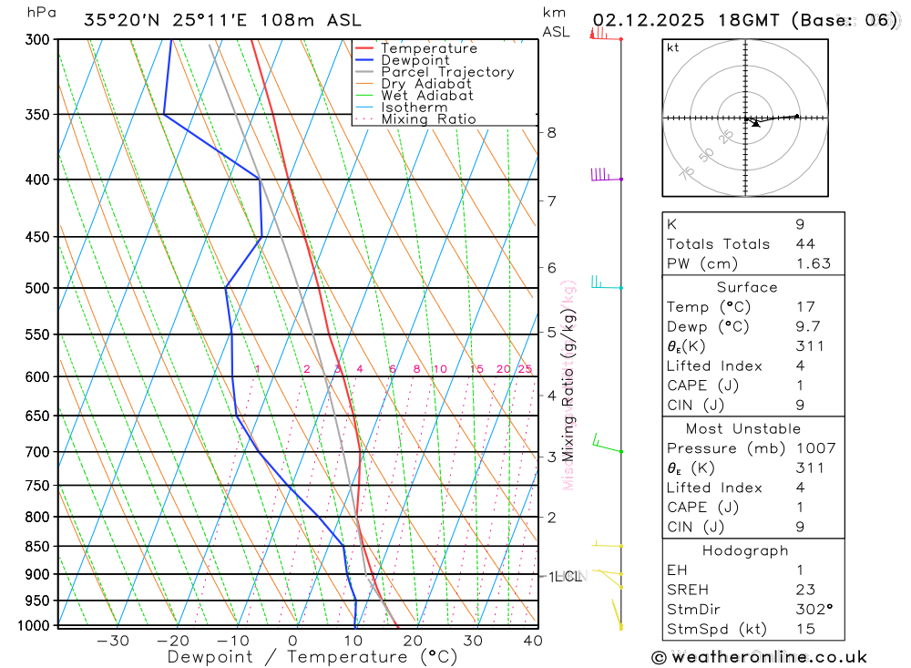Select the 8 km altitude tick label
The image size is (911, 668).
[551, 132]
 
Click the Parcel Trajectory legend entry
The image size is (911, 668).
[447, 72]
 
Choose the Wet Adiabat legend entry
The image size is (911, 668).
[427, 96]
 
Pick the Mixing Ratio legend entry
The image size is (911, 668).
[428, 119]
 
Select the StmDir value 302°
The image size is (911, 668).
[810, 610]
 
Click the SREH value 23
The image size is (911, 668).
[804, 590]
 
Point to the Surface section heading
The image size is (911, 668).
[747, 287]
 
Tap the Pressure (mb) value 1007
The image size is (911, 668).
[814, 448]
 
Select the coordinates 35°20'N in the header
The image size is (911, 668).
[122, 20]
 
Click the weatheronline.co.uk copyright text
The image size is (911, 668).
[759, 657]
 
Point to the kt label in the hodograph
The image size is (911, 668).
[673, 47]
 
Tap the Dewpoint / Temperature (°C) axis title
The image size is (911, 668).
[312, 656]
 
